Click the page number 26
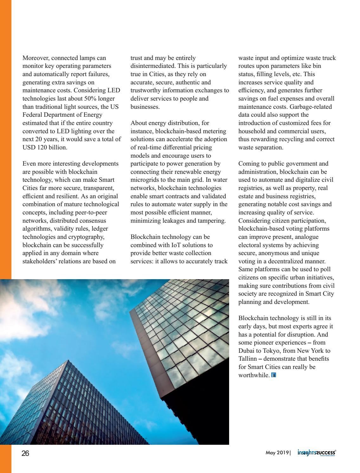(25, 453)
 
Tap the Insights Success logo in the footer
(317, 453)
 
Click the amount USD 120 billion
(45, 148)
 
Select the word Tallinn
(248, 359)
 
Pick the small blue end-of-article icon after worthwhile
(274, 375)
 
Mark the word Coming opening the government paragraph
(249, 164)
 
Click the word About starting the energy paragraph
(138, 123)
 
